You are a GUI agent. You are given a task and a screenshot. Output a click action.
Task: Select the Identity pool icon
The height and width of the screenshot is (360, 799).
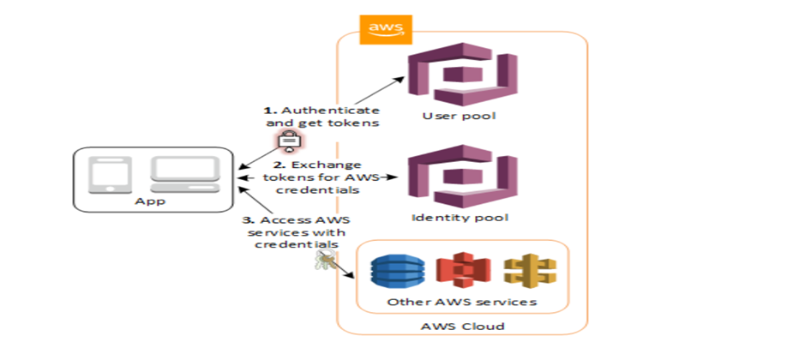[x=460, y=177]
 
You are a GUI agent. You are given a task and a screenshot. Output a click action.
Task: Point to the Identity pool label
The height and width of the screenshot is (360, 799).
[x=460, y=217]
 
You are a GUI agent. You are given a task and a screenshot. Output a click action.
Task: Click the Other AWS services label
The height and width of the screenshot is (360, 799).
[x=461, y=303]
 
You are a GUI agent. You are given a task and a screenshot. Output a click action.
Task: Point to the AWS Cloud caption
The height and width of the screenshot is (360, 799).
[x=461, y=327]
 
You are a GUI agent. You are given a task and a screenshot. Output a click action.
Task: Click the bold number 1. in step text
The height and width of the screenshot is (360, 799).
[x=267, y=111]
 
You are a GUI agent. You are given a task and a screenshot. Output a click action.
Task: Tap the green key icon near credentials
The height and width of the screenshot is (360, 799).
[x=322, y=259]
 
